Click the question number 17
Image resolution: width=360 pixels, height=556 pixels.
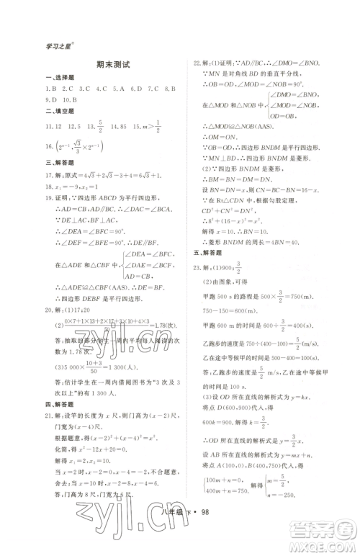pyautogui.click(x=49, y=174)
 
